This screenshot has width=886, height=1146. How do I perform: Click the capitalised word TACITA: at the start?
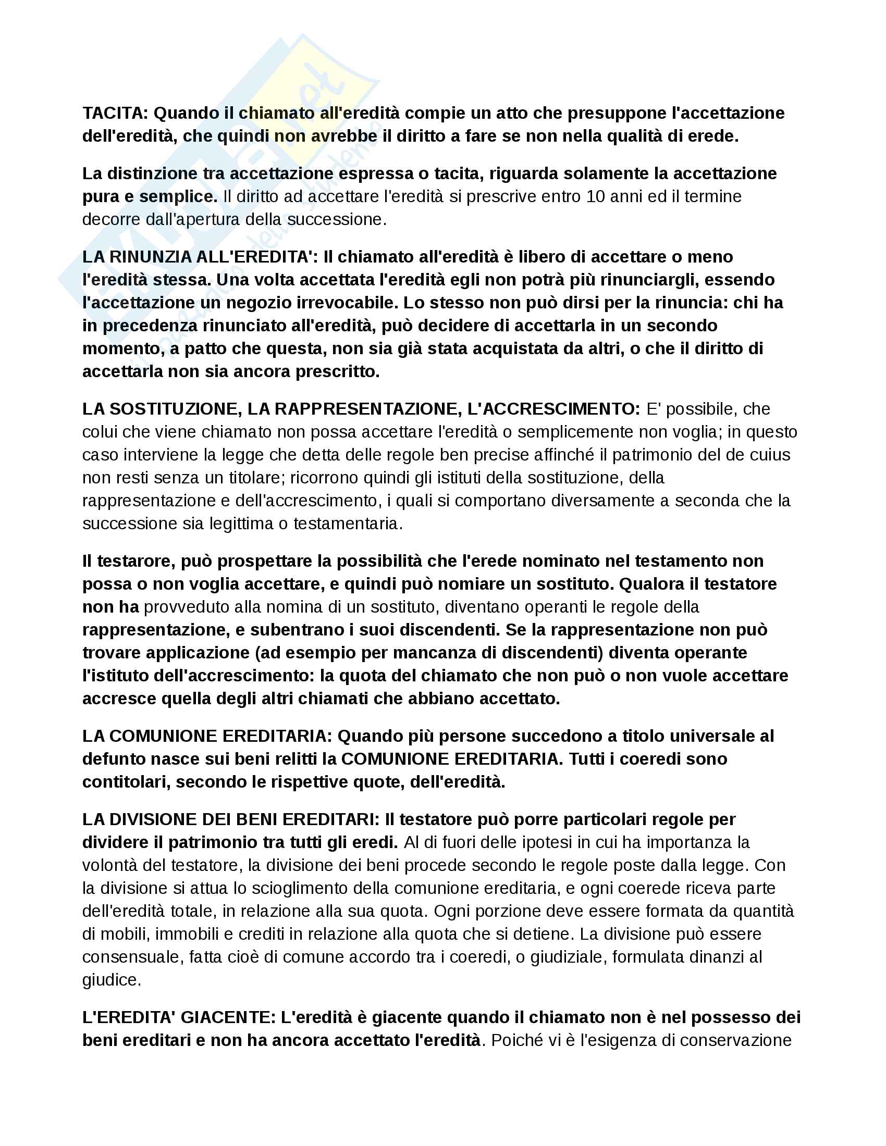click(x=116, y=113)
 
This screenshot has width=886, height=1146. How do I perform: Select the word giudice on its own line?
click(x=112, y=980)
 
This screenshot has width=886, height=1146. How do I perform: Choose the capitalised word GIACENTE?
click(x=228, y=1017)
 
